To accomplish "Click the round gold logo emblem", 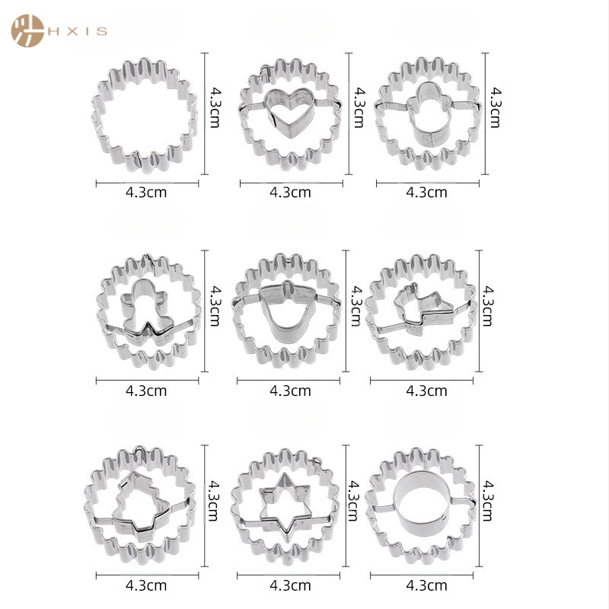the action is point(27,30).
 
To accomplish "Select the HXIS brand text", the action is point(78,31).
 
